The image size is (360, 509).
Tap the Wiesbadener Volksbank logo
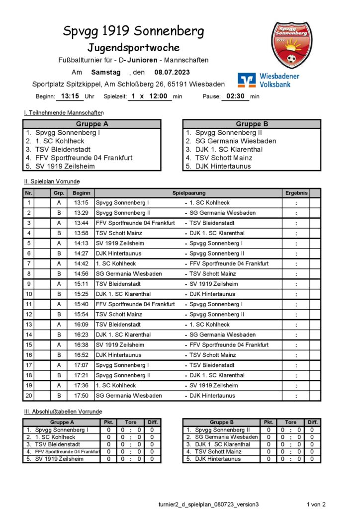click(x=269, y=80)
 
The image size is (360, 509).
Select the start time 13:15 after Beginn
click(x=70, y=96)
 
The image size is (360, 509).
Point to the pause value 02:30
click(x=235, y=96)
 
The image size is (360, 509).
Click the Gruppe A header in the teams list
click(x=92, y=124)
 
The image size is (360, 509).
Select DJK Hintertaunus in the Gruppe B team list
click(x=223, y=166)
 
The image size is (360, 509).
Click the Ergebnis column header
click(x=296, y=193)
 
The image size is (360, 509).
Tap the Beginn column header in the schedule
click(x=81, y=193)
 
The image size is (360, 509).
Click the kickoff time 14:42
click(x=81, y=263)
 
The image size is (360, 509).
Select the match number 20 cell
click(x=29, y=396)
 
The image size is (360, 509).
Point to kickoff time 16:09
click(x=81, y=325)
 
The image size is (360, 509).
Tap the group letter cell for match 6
click(x=59, y=254)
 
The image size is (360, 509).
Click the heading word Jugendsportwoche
click(x=133, y=48)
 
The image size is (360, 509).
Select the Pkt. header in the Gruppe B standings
click(x=269, y=423)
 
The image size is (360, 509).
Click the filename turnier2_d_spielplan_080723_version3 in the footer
click(x=209, y=504)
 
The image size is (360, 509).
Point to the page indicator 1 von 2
click(x=316, y=504)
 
